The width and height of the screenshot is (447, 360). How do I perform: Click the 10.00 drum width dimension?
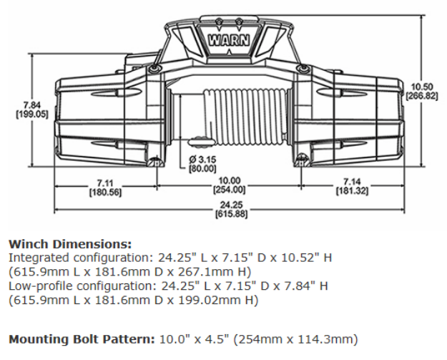[229, 181]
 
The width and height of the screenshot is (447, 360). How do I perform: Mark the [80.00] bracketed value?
[202, 169]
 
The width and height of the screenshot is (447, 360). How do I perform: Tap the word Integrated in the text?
[36, 256]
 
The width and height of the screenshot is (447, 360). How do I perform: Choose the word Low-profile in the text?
[37, 286]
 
